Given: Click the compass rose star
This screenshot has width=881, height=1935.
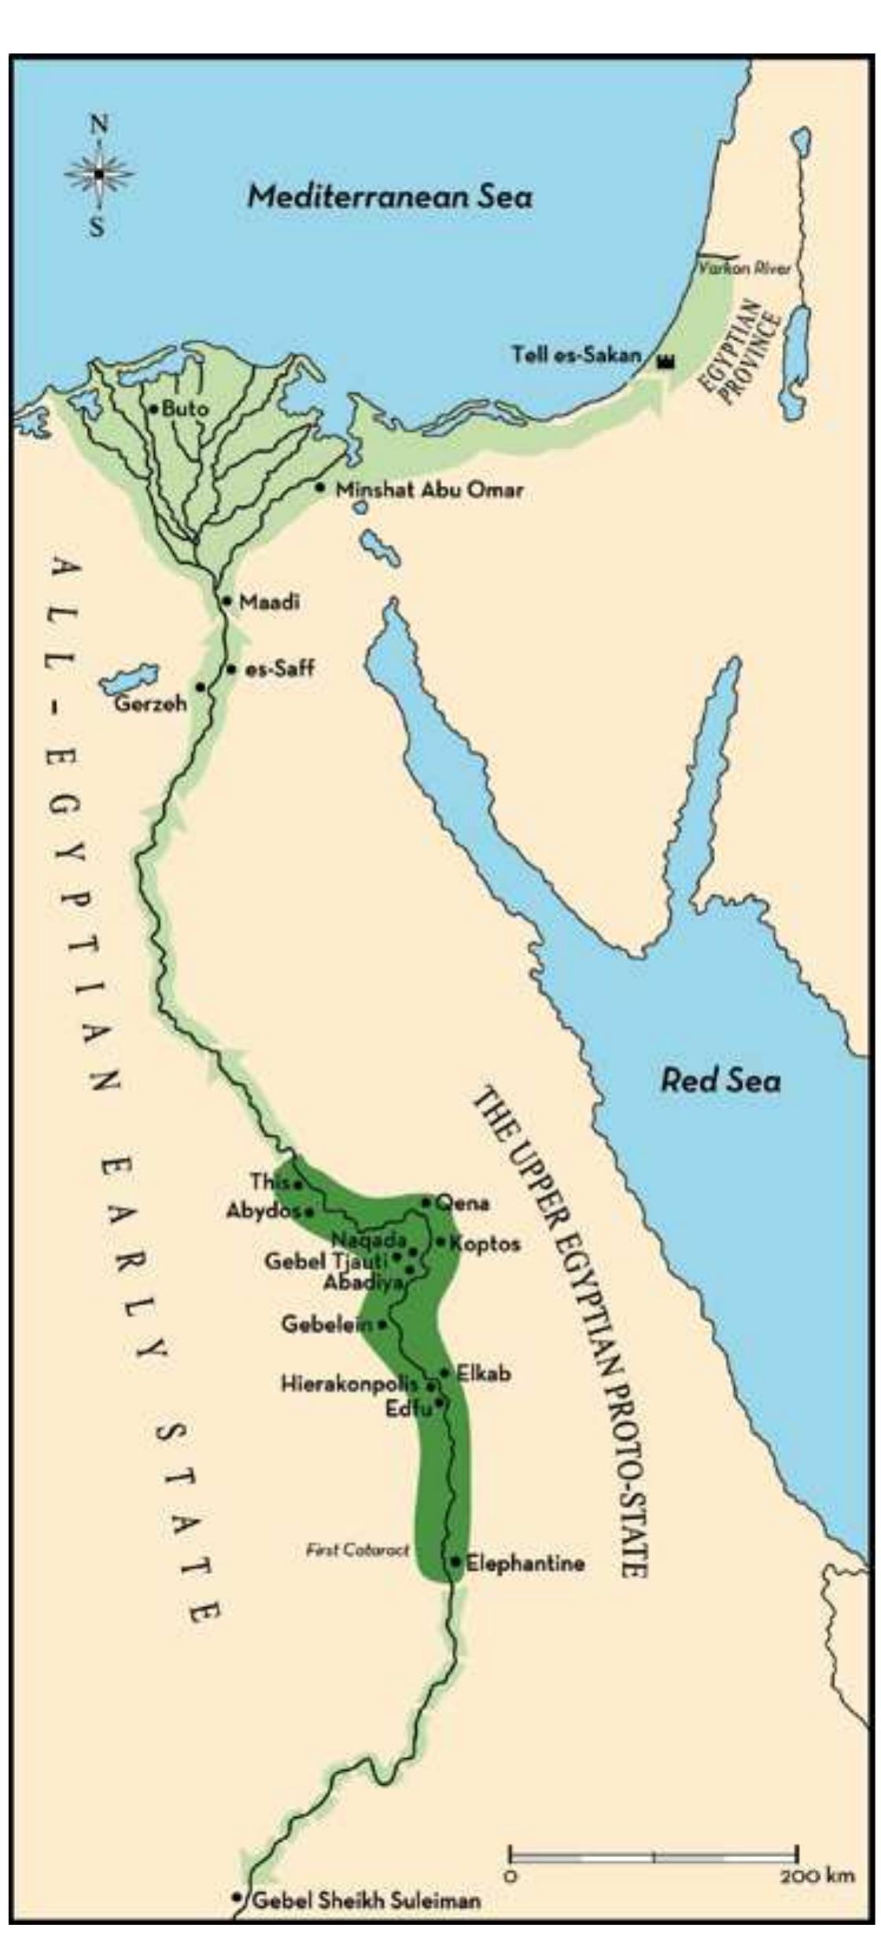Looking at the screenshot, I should coord(99,174).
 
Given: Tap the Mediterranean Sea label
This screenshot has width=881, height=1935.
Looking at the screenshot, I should coord(390,196).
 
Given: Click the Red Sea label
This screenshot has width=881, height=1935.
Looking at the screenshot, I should coord(721,1080).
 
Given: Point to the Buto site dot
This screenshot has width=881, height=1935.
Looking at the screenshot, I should coord(155,409).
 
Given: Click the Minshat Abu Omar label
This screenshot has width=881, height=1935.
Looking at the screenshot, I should coord(429,490).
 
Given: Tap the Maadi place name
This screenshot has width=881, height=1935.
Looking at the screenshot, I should coord(270,602).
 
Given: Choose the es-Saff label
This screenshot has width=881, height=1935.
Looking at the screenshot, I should coord(280,669).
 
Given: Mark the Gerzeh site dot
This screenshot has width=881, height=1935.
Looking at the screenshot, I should coord(201,686).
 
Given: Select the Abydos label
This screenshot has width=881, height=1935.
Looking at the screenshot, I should coord(264,1211).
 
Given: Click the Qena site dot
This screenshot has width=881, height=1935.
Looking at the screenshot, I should coord(426,1201).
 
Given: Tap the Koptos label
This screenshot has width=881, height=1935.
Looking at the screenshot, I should coord(485,1243).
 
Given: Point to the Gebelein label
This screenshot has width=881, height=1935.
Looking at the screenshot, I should coord(326,1324).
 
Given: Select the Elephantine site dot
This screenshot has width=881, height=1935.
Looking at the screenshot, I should coord(455,1561).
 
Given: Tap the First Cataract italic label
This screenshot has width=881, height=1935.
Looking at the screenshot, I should coord(358,1550).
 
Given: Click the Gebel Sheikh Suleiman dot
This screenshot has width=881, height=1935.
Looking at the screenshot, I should coord(237,1896).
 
